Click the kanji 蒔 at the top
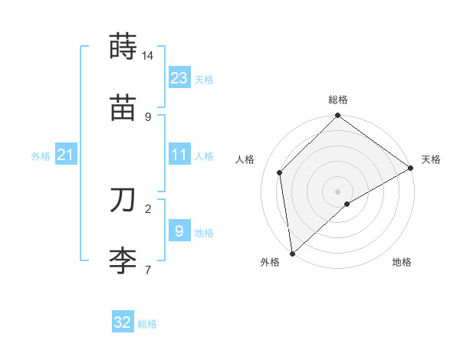tap(123, 47)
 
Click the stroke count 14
tap(148, 56)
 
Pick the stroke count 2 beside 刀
tap(148, 208)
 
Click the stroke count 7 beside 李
tap(148, 269)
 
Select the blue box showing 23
tap(179, 77)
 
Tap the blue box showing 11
tap(179, 155)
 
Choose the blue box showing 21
tap(66, 155)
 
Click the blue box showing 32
tap(123, 322)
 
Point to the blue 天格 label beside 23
tap(204, 79)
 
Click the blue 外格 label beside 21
tap(41, 156)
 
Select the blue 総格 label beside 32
tap(147, 324)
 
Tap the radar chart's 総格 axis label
tap(338, 100)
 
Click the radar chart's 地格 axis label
tap(402, 262)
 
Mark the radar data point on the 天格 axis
tap(411, 169)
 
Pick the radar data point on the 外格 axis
tap(291, 253)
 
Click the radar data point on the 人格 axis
tap(280, 172)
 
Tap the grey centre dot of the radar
tap(338, 191)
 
